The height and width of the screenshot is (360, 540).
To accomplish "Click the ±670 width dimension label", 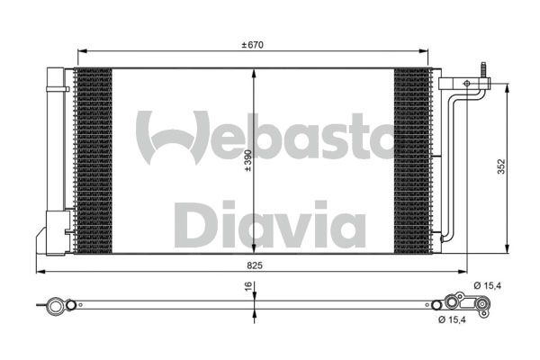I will (x=253, y=44).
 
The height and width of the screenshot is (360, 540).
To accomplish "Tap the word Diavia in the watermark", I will (x=269, y=225).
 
